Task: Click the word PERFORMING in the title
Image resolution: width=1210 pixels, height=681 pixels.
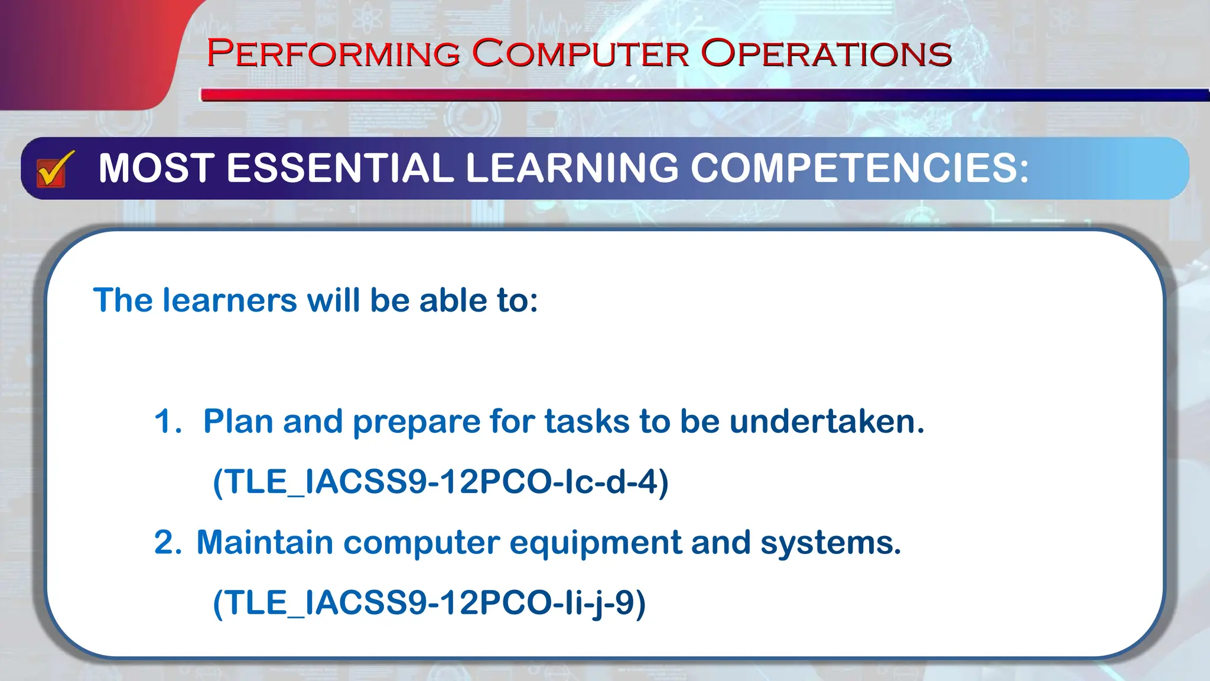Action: [x=333, y=54]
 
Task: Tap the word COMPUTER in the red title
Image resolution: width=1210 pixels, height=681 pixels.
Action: [x=580, y=54]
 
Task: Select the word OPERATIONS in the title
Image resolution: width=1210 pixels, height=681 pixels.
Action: [x=826, y=54]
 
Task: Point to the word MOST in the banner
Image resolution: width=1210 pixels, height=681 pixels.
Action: [x=156, y=168]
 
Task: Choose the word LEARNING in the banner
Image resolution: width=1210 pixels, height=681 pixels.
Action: [x=572, y=168]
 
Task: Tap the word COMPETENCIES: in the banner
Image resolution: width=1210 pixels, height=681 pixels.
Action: [x=860, y=168]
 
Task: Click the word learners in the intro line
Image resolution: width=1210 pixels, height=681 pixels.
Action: [x=229, y=300]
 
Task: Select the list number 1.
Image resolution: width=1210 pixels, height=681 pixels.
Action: [x=166, y=422]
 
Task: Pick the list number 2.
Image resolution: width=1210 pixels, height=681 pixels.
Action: [x=167, y=543]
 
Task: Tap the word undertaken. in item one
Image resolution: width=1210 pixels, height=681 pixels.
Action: [x=827, y=422]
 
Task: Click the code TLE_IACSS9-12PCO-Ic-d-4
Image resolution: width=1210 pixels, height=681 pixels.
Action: [x=440, y=482]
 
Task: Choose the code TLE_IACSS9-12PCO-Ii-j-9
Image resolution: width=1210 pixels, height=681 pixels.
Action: [x=429, y=604]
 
